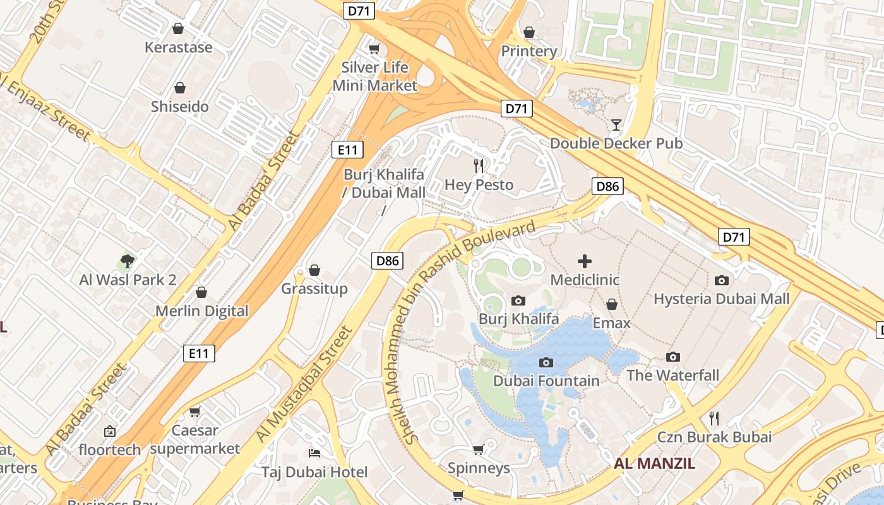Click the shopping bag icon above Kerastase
tap(178, 28)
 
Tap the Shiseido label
tap(179, 107)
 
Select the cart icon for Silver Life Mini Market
tap(374, 49)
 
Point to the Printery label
tap(529, 51)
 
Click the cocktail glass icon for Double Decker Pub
tap(616, 125)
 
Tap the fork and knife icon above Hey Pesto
tap(479, 166)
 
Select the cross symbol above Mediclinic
tap(585, 261)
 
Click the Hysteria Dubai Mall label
tap(721, 299)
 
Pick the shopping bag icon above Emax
tap(611, 305)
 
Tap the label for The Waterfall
tap(672, 376)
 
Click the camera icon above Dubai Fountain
tap(546, 362)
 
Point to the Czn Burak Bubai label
tap(714, 437)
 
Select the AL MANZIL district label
tap(654, 464)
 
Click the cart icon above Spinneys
tap(479, 449)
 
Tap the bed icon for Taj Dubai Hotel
tap(314, 453)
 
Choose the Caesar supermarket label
tap(195, 439)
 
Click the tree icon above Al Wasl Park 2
tap(128, 261)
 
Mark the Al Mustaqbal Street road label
tap(302, 384)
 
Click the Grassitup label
tap(314, 289)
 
